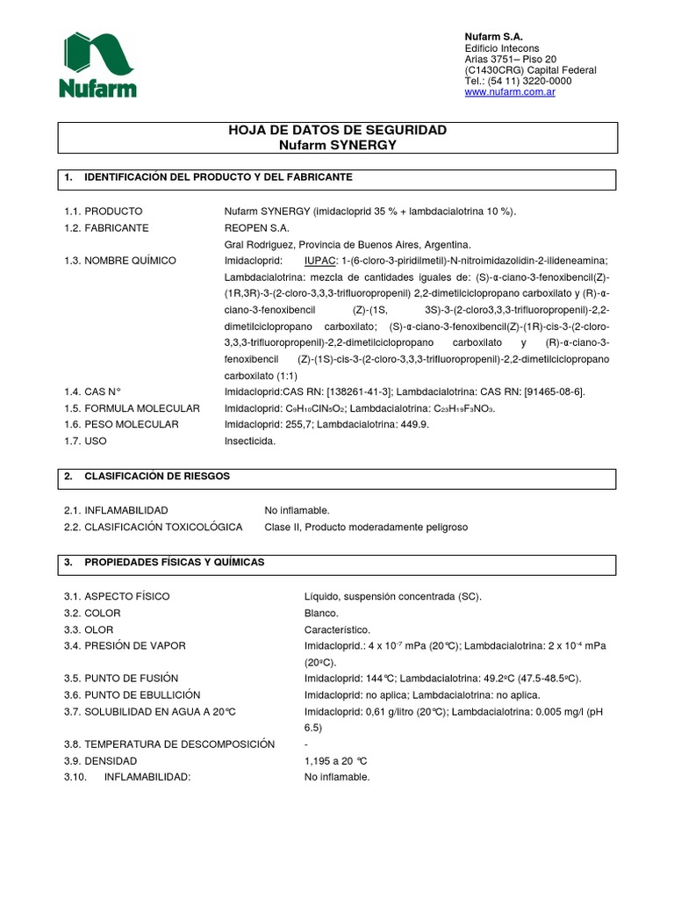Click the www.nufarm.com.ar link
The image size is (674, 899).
click(509, 92)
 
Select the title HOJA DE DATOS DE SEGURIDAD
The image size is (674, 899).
click(337, 130)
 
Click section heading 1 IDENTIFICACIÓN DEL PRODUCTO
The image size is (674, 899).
click(218, 177)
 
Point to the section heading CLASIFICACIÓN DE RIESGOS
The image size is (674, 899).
click(157, 476)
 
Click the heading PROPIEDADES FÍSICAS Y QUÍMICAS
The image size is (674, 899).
click(174, 562)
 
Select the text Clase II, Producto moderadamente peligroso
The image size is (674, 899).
click(366, 527)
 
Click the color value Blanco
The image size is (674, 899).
click(321, 613)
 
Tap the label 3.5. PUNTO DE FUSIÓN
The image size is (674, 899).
click(121, 679)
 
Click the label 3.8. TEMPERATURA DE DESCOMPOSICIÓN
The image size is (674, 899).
click(169, 744)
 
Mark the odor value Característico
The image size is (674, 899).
click(337, 629)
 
